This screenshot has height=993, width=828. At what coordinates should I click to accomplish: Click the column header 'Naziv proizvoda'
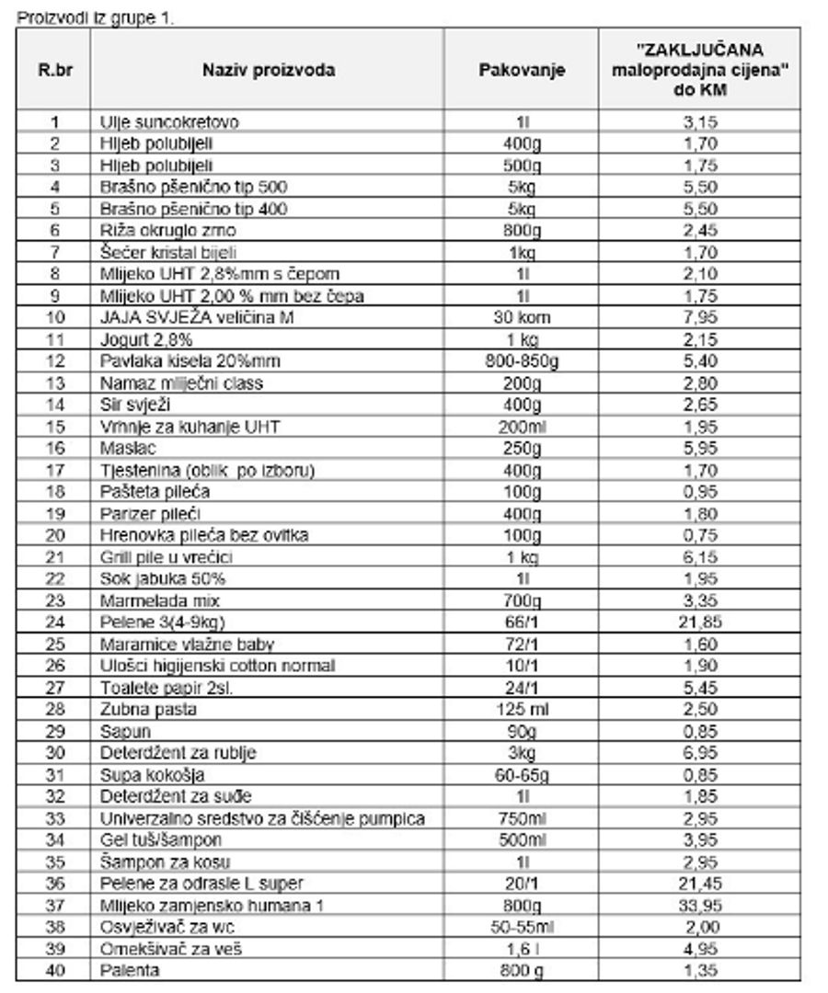[270, 70]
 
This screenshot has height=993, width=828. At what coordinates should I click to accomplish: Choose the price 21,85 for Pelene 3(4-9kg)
[701, 622]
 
